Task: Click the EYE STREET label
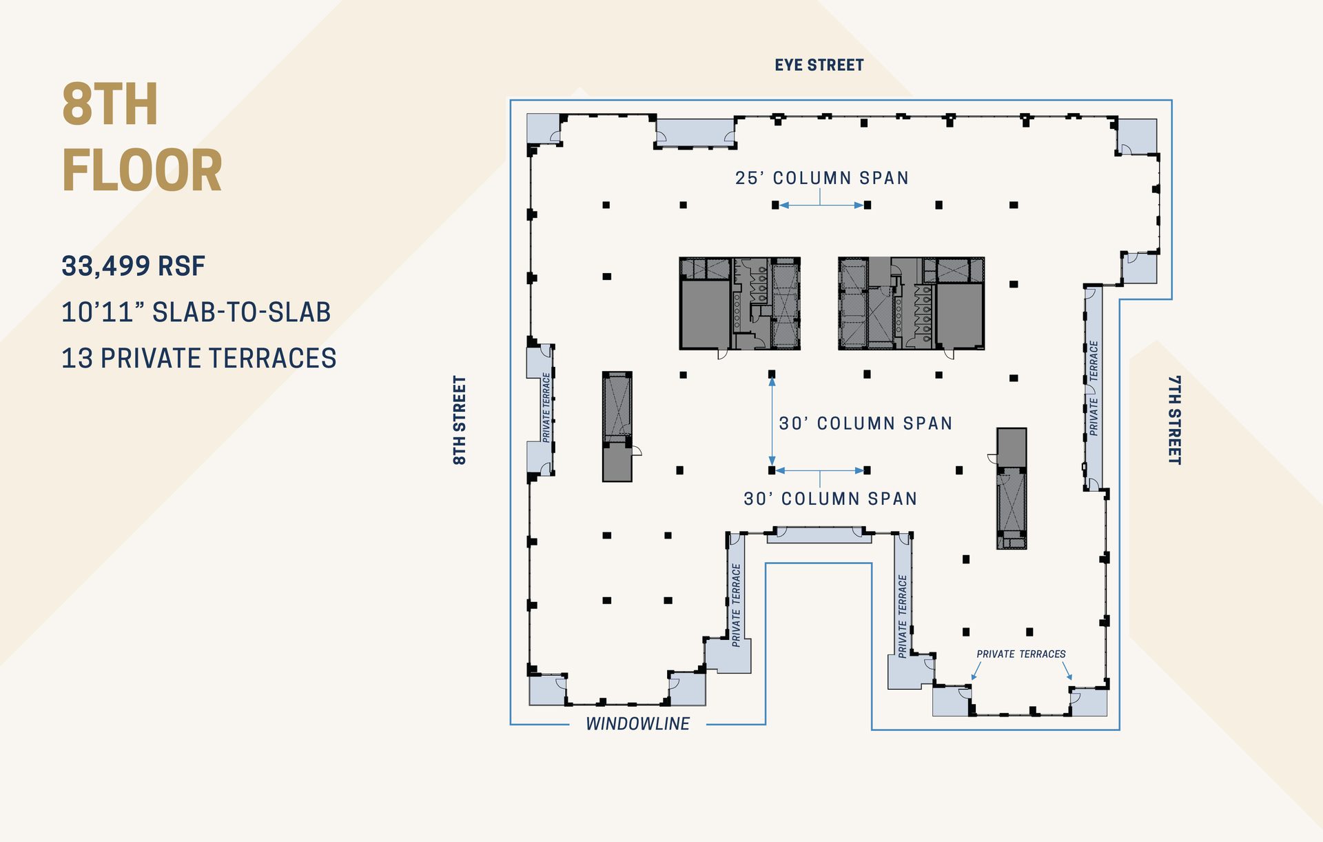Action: coord(819,65)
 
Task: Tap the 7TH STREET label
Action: coord(1175,419)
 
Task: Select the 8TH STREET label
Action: coord(460,419)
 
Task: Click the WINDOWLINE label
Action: coord(637,723)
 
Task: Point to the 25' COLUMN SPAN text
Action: coord(821,178)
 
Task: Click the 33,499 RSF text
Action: coord(134,266)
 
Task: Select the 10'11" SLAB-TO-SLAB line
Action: coord(196,312)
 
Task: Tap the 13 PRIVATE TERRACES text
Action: coord(199,359)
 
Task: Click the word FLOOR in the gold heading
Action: coord(142,170)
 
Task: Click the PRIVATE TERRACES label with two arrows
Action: coord(1021,654)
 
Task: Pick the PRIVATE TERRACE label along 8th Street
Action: coord(546,408)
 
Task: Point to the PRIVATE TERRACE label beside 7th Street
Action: coord(1094,388)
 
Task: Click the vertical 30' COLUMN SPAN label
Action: coord(865,423)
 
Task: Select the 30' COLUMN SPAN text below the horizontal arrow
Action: coord(830,499)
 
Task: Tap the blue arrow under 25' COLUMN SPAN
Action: coord(821,205)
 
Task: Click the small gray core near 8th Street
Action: coord(617,426)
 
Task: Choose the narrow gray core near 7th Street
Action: coord(1012,488)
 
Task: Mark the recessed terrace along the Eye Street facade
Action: coord(695,132)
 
